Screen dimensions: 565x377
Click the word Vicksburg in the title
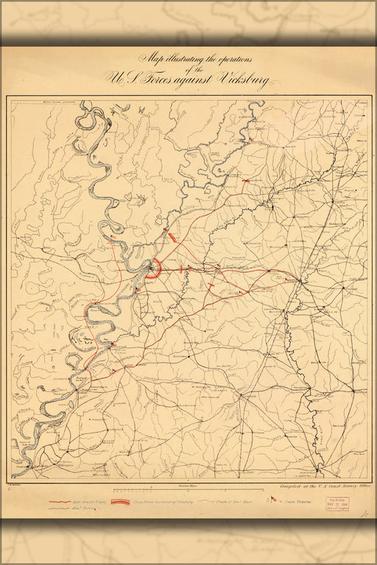click(239, 79)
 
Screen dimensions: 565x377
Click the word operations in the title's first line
click(221, 58)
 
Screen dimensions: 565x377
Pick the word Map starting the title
click(150, 58)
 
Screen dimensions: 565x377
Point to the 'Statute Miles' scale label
click(189, 486)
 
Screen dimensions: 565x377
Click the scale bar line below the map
click(189, 490)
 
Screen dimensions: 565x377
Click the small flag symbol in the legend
click(273, 500)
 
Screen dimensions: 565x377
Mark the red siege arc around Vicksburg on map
click(150, 269)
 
